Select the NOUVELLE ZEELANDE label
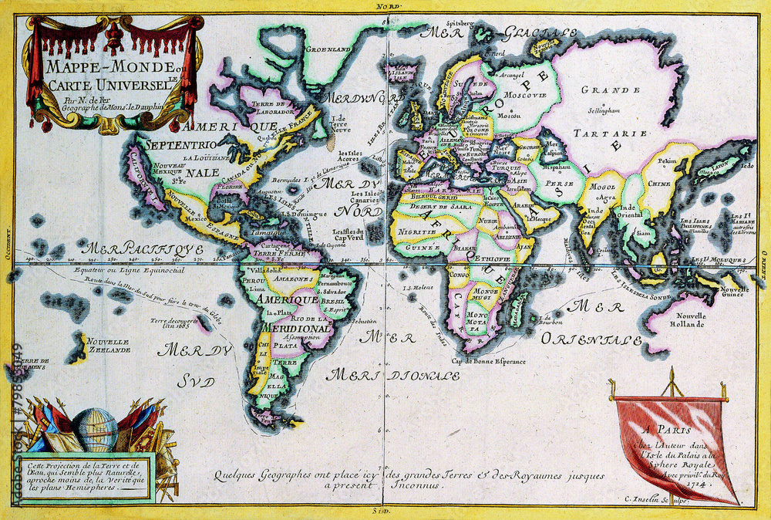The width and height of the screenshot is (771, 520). (x=108, y=345)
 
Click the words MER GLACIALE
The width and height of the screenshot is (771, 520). (x=507, y=32)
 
